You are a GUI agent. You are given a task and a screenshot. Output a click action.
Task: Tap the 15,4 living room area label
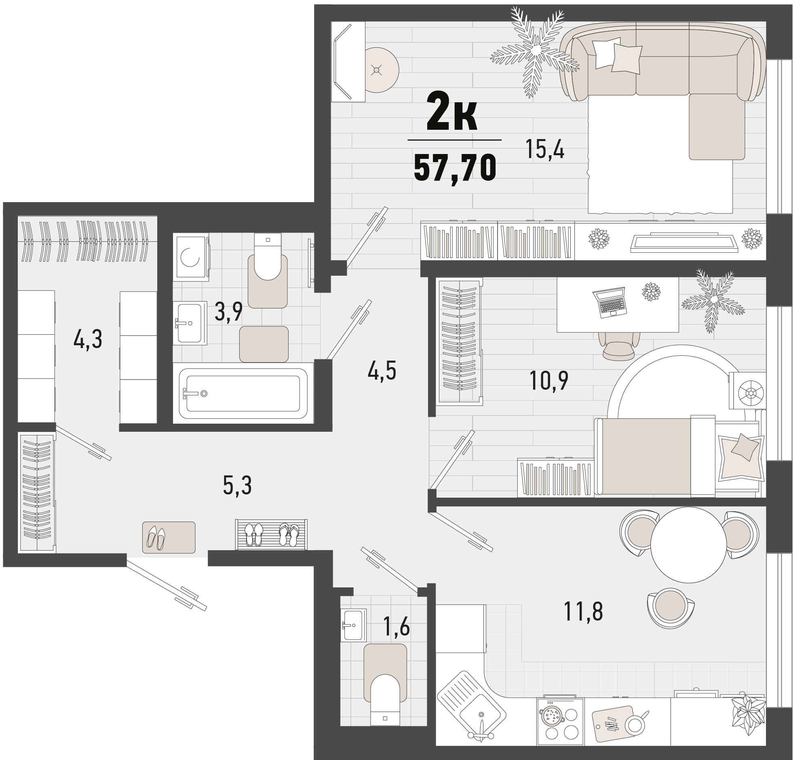[544, 149]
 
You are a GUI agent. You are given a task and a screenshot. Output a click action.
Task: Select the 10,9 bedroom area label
[549, 380]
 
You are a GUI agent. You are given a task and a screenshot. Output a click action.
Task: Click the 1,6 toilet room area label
[396, 627]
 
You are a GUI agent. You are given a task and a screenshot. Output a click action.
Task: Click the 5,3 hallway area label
[238, 486]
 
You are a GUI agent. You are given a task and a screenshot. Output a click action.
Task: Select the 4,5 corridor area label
[382, 371]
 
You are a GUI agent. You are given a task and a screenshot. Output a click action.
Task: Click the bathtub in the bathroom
[243, 393]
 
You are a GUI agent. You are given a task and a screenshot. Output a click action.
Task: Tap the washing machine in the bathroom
[191, 257]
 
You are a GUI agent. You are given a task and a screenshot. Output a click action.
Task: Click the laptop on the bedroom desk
[610, 302]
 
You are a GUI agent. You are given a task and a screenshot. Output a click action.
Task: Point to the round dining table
[689, 545]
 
